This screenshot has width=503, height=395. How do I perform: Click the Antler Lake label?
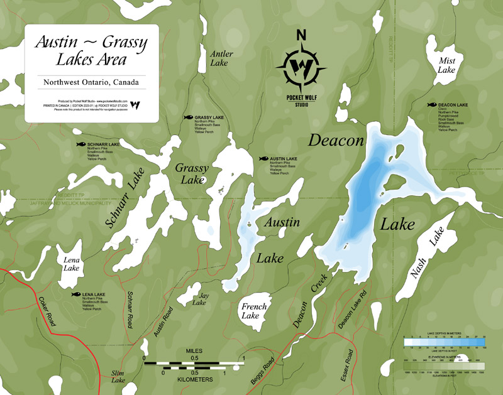(x=222, y=58)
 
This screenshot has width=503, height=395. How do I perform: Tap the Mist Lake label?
(x=446, y=65)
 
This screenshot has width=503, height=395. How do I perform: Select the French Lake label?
(x=255, y=311)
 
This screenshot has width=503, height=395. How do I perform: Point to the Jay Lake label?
(x=199, y=298)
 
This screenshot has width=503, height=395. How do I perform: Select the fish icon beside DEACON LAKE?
(x=431, y=105)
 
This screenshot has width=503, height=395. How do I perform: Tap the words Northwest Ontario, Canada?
(x=91, y=82)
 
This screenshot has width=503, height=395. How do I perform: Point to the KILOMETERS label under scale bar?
(x=194, y=379)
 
